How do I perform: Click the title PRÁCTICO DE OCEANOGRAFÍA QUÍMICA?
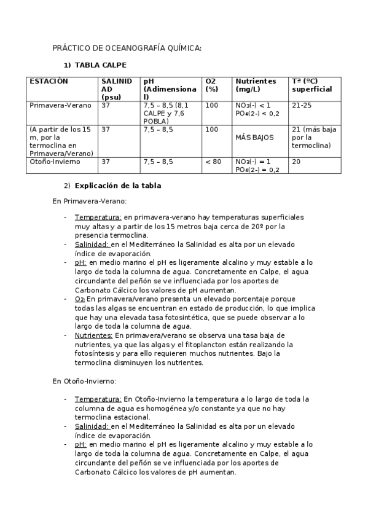point(127,48)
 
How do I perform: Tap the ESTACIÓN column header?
point(49,81)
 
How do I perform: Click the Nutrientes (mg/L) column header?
point(256,85)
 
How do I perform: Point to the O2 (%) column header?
point(211,85)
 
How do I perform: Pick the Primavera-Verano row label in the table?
point(60,105)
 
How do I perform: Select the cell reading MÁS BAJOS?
point(254,138)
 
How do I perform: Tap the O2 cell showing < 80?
point(213,162)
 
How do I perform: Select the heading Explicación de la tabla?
point(118,186)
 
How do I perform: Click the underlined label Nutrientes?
point(93,335)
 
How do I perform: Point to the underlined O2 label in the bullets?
point(80,299)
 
